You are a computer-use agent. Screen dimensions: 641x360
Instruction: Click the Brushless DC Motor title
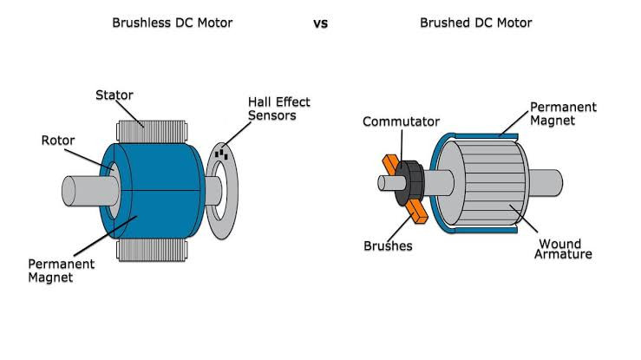172,23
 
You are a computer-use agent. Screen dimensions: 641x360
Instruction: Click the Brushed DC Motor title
476,23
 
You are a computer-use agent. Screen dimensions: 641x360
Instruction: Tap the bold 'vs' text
321,23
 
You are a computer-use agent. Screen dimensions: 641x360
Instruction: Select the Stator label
114,95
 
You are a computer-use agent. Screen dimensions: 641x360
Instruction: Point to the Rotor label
57,141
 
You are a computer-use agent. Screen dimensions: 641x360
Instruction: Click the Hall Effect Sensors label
278,108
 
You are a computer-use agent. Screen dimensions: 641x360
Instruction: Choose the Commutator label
401,121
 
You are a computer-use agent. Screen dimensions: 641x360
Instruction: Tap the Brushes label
388,245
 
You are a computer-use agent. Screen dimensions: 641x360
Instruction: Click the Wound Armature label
563,249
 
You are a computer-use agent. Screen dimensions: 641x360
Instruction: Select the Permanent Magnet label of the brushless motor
61,271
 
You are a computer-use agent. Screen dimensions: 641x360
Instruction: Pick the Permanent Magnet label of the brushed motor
563,113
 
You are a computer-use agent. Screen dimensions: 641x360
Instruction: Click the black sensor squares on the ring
221,154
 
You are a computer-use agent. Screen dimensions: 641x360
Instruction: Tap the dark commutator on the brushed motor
409,183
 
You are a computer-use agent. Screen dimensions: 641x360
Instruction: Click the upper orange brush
391,163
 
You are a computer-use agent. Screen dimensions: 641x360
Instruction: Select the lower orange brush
417,212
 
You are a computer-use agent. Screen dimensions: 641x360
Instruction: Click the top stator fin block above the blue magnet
152,132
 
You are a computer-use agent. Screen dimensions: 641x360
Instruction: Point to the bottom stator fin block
152,250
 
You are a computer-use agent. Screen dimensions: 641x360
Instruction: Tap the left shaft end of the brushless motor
69,191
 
